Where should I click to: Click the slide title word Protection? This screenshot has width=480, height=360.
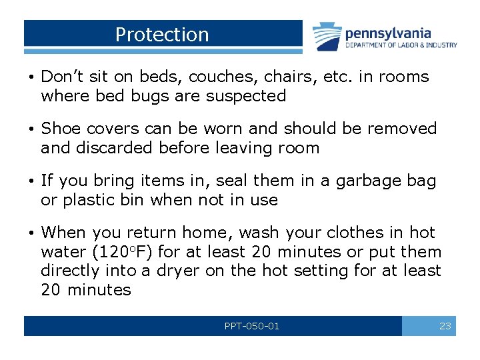[162, 35]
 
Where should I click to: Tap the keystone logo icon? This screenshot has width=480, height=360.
[327, 35]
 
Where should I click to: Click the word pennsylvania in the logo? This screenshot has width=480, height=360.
[388, 32]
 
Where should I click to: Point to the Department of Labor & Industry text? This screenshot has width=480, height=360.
[401, 45]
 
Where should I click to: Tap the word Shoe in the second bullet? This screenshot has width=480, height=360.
[61, 129]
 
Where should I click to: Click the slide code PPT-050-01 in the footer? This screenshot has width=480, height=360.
[252, 326]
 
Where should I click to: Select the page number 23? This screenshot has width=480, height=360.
[445, 326]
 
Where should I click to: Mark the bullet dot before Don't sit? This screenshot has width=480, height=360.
[31, 77]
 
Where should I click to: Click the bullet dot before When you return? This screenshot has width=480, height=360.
[31, 233]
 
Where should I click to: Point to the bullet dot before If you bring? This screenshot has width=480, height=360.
[31, 181]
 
